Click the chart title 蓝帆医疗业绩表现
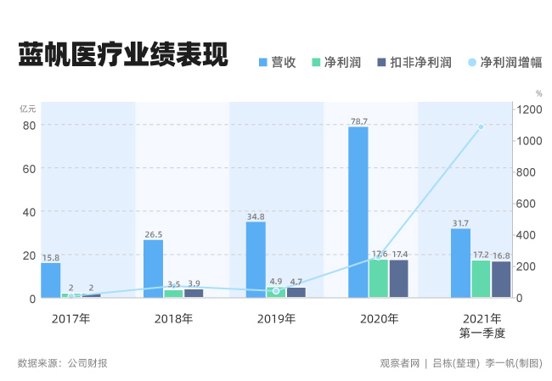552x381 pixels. (124, 55)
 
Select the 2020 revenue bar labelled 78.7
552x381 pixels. (358, 212)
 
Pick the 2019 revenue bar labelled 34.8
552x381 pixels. (256, 260)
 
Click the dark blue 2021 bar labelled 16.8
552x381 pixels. (501, 279)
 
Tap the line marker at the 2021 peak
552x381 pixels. (481, 127)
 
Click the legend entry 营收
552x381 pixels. (277, 62)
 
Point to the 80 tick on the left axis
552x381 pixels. (29, 125)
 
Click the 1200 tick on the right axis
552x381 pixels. (532, 109)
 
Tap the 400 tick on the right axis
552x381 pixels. (531, 235)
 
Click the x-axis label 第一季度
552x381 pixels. (482, 333)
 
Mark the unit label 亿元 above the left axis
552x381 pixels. (28, 108)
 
